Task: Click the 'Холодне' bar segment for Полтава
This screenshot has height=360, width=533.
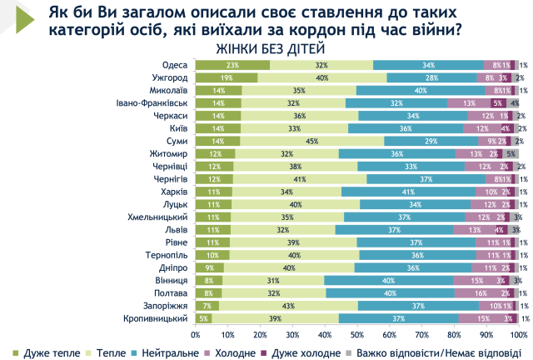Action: (x=482, y=293)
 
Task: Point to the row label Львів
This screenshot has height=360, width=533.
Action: (x=175, y=230)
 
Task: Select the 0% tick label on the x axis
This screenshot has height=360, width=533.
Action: (x=196, y=335)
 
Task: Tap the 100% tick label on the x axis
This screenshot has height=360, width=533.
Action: (x=518, y=335)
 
